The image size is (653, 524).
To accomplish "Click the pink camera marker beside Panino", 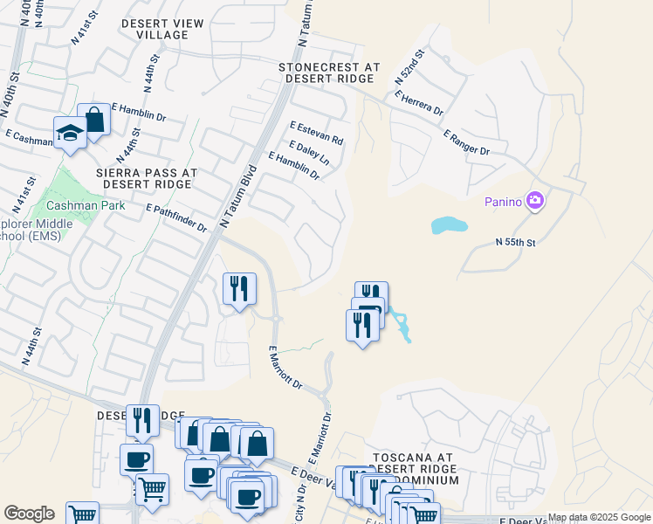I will pyautogui.click(x=535, y=202).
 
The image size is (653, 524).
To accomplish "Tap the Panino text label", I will pyautogui.click(x=504, y=203).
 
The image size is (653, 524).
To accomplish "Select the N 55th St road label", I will pyautogui.click(x=515, y=241).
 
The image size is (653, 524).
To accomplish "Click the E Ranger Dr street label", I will pyautogui.click(x=466, y=143).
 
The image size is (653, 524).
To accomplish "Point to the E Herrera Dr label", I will pyautogui.click(x=419, y=103).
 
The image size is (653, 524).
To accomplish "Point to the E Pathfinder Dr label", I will pyautogui.click(x=176, y=219).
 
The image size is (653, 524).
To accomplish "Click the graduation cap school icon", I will pyautogui.click(x=70, y=132).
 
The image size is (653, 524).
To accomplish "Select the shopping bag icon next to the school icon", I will pyautogui.click(x=93, y=120).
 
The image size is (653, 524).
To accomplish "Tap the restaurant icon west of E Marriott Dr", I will pyautogui.click(x=239, y=288).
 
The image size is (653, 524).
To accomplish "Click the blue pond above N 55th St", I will pyautogui.click(x=449, y=226).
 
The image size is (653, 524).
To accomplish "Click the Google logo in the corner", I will pyautogui.click(x=30, y=514).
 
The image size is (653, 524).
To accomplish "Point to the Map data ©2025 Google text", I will pyautogui.click(x=599, y=518).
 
